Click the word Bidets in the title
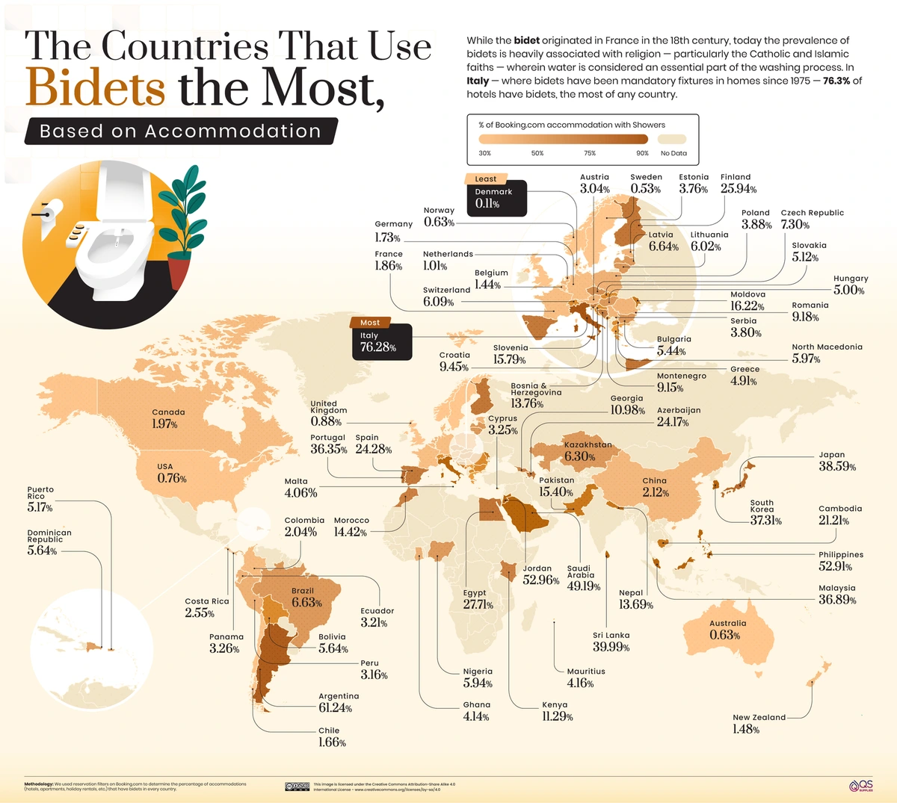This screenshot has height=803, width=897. pos(95,88)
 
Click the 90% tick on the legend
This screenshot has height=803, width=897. pos(642,153)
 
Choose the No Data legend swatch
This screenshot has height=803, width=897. pos(673,139)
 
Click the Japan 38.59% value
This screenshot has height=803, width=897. pos(837,466)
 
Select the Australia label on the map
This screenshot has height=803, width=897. pos(727,623)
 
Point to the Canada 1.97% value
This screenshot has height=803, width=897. pos(164,424)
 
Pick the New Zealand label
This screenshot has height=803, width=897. pos(759,717)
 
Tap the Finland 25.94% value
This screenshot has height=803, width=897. pos(739,189)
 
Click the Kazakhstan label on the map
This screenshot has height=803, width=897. pos(588,445)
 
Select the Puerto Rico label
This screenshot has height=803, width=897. pos(40,493)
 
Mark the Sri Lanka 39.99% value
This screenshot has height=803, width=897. pos(611,647)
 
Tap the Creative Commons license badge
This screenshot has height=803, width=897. pos(297,787)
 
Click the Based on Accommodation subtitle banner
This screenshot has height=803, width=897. pos(180,131)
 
